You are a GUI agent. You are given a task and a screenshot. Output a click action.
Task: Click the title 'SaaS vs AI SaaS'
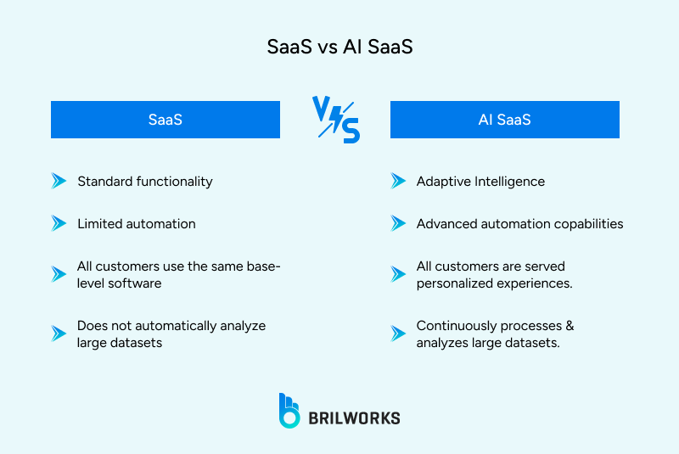339,48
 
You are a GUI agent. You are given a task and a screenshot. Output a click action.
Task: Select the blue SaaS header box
166,120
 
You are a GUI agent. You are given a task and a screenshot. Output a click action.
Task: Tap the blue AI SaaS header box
504,120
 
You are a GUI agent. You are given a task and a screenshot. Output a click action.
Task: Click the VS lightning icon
336,119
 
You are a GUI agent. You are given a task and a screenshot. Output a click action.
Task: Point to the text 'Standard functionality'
144,181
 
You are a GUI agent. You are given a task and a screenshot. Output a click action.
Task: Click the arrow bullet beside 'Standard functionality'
59,181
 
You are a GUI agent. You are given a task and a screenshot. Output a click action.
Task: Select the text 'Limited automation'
136,224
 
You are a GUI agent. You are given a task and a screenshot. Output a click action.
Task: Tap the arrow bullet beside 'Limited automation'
59,224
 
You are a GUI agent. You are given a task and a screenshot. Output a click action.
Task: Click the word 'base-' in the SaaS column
263,266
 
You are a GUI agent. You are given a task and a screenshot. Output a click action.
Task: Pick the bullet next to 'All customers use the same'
59,274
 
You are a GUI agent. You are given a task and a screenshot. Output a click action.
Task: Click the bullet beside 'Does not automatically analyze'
59,333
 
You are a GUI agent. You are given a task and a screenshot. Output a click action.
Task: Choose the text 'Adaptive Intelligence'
480,181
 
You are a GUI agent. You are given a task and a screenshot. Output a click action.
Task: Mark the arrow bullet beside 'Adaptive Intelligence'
398,181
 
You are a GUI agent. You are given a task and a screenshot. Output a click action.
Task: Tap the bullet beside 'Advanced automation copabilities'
398,224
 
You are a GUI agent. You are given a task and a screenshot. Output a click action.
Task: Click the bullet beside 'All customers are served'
398,274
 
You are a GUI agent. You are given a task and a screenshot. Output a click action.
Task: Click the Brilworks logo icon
289,410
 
